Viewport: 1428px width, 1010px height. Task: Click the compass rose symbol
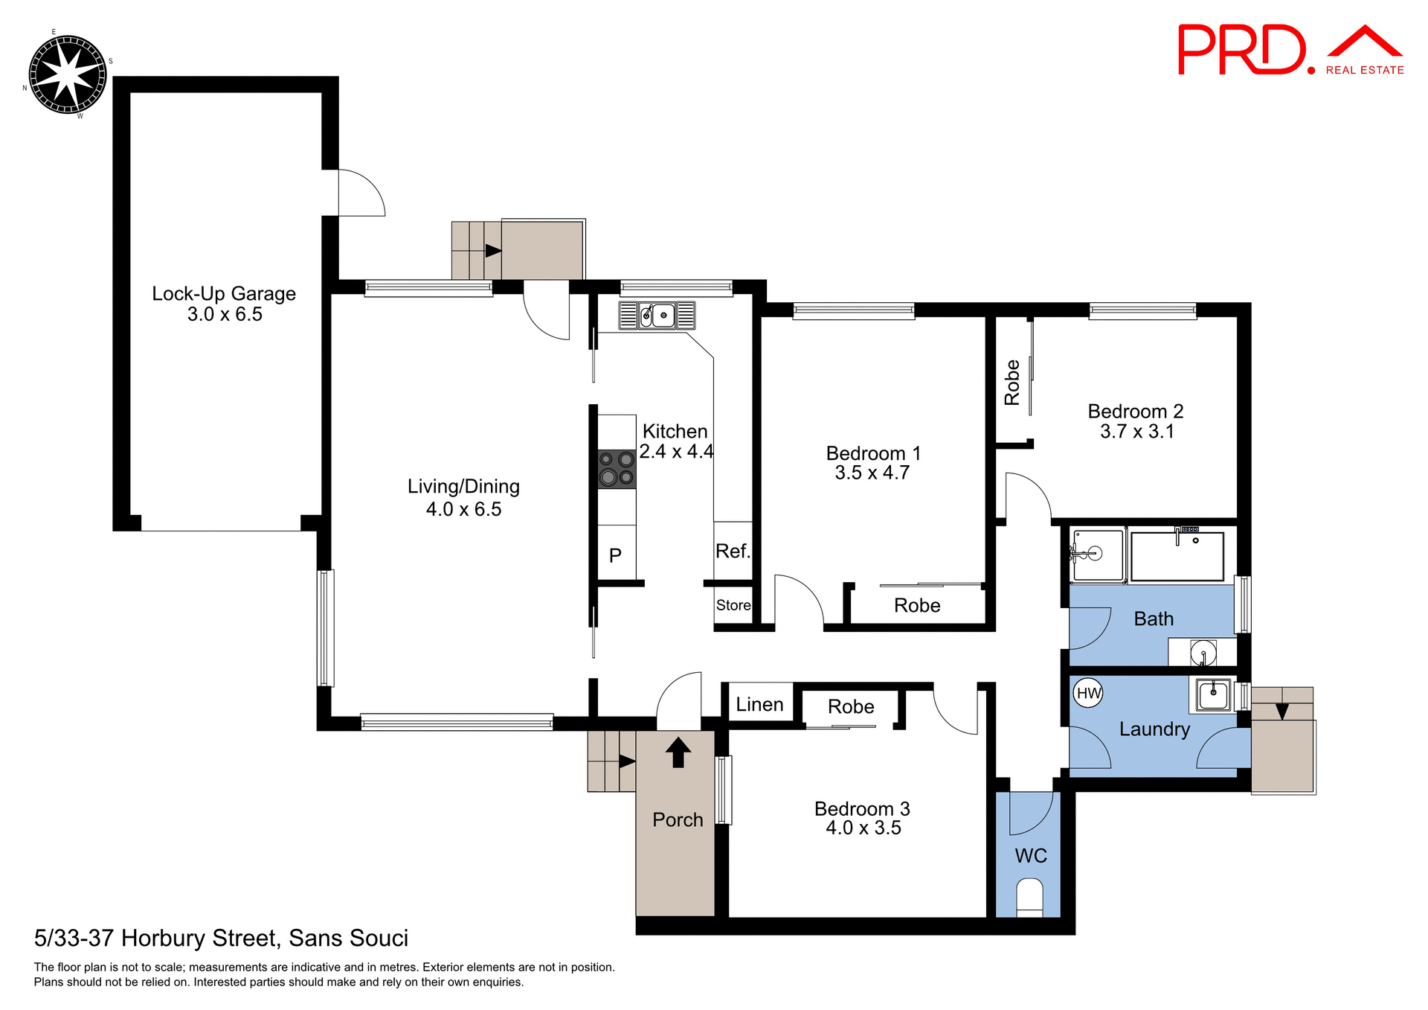tap(67, 74)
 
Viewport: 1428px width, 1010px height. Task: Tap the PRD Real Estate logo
tap(1290, 51)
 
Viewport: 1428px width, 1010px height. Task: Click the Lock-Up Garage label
tap(224, 294)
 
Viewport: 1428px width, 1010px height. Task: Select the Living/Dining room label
tap(463, 487)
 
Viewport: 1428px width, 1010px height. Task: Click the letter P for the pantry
tap(615, 555)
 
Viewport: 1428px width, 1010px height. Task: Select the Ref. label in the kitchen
tap(733, 552)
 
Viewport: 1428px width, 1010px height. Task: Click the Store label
tap(733, 605)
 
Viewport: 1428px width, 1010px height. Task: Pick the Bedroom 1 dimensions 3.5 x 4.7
tap(872, 473)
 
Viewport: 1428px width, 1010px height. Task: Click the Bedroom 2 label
tap(1135, 412)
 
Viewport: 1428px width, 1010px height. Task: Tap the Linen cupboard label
tap(759, 705)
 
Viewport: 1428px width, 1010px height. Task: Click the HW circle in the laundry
tap(1089, 694)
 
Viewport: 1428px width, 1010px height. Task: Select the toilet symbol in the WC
tap(1029, 895)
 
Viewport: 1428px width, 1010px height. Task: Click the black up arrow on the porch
tap(678, 752)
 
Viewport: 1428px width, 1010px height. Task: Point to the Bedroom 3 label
tap(862, 809)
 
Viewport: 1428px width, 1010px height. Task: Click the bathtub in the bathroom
tap(1177, 556)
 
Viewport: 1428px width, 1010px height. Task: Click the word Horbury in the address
tap(161, 939)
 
